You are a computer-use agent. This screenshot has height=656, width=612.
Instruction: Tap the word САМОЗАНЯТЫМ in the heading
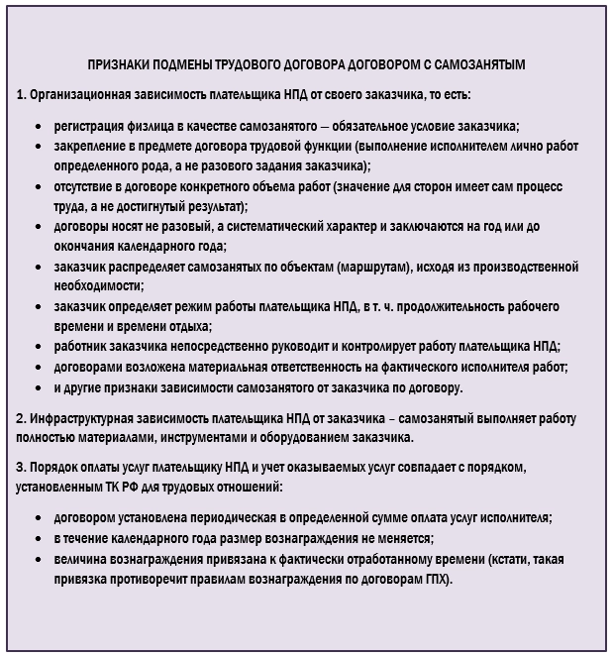(479, 64)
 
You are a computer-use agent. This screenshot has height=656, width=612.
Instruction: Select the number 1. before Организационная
(22, 95)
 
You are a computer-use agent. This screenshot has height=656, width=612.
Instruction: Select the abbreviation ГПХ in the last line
(435, 578)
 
